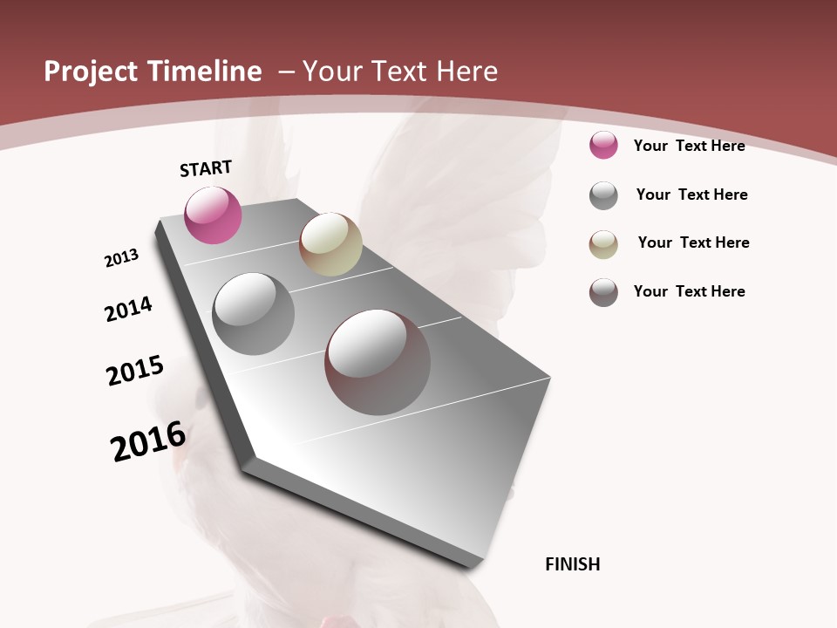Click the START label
coord(206,168)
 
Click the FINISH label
coord(572,564)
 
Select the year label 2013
coord(122,258)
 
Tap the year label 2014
coord(129,309)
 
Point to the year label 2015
coord(135,370)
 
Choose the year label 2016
coord(148,440)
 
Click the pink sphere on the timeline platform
coord(213,215)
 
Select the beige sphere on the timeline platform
coord(330,244)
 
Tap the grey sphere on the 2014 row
coord(253,314)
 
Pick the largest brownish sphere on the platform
coord(378,362)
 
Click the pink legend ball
coord(603,145)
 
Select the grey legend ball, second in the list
coord(603,195)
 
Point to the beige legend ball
coord(603,244)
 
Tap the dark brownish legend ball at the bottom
coord(603,292)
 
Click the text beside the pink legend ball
coord(689,146)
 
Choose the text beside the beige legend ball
coord(693,242)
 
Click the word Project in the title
coord(90,72)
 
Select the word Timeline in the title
coord(206,72)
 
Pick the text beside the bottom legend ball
coord(689,291)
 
